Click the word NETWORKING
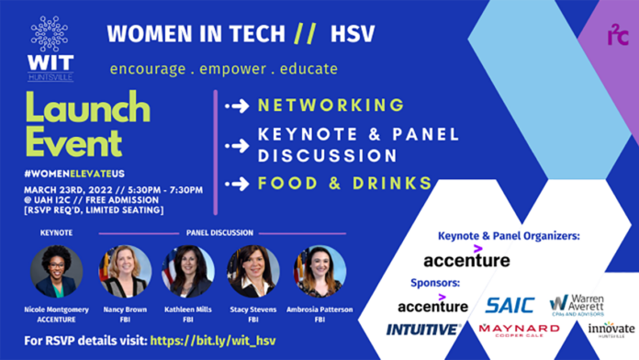331,105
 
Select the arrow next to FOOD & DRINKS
238,183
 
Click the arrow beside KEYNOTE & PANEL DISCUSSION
238,145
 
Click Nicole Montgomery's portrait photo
56,272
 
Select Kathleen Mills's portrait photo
188,272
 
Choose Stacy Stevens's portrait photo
253,272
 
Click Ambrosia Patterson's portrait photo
319,272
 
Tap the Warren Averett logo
577,304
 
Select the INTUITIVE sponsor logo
423,329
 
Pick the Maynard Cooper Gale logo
519,330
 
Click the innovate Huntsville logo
611,330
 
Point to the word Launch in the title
86,108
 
